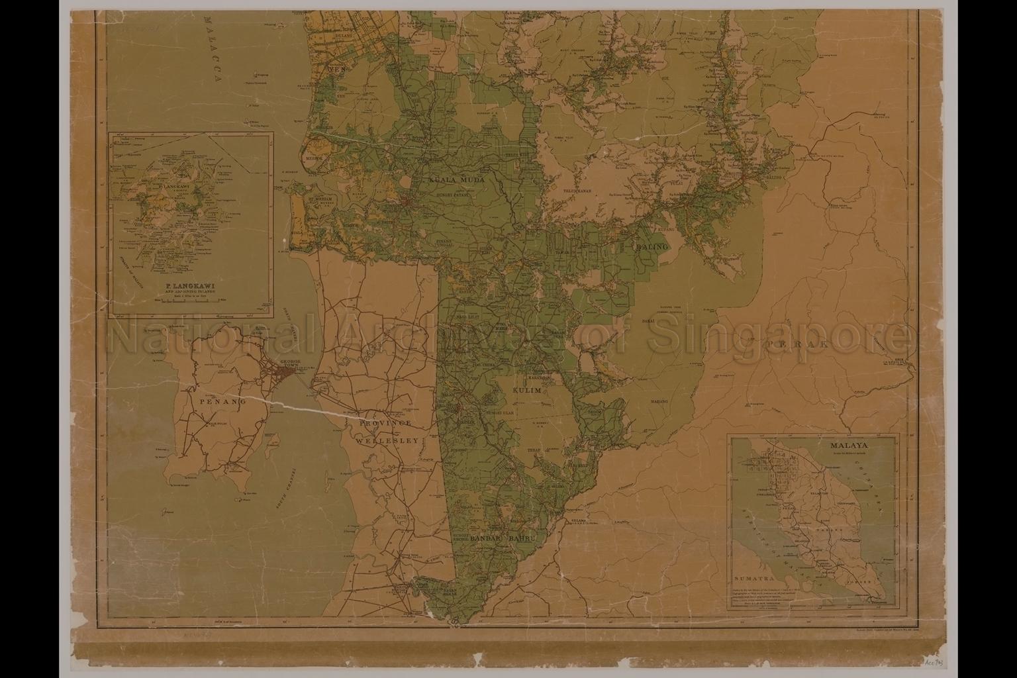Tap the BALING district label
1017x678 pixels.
[x=652, y=246]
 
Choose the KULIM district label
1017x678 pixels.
[x=526, y=391]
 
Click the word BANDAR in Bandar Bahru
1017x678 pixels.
[x=487, y=540]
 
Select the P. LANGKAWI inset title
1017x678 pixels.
[x=191, y=286]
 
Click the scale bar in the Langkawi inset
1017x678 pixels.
[x=191, y=301]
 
